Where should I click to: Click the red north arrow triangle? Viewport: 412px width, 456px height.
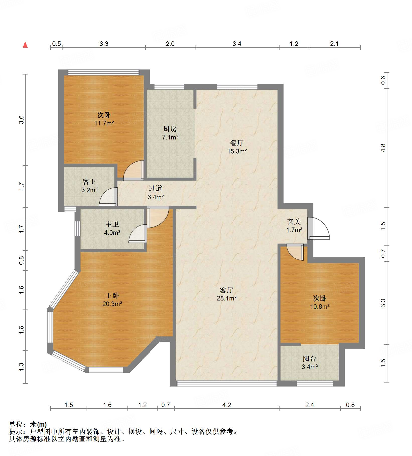(25, 45)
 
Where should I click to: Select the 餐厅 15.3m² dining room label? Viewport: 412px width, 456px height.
(237, 147)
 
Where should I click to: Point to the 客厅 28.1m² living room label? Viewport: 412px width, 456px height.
(227, 294)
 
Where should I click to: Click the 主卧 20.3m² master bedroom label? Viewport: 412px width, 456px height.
(112, 300)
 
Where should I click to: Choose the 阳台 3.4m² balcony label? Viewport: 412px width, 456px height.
(310, 363)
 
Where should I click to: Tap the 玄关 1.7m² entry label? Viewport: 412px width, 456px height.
(294, 226)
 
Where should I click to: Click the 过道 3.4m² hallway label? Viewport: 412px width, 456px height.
(156, 193)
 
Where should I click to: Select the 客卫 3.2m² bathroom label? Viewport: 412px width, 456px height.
(89, 186)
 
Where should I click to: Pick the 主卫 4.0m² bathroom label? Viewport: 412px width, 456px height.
(112, 229)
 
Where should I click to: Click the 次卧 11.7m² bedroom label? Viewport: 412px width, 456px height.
(104, 119)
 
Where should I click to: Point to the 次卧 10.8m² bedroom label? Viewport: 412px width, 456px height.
(320, 302)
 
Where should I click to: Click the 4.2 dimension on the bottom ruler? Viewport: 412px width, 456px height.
(227, 405)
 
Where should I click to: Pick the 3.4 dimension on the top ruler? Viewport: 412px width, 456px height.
(237, 44)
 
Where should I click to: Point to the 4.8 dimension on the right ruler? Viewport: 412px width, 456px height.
(383, 148)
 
